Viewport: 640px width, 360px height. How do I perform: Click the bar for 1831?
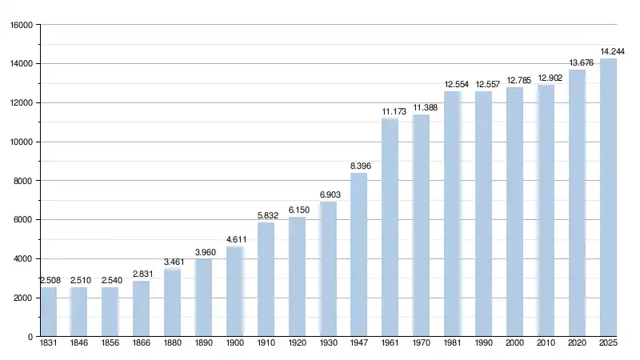(48, 312)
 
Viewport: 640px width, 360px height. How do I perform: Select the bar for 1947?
(358, 254)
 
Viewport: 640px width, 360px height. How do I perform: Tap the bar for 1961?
(390, 227)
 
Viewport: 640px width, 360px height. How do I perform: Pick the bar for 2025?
(608, 198)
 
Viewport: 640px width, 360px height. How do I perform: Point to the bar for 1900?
(234, 291)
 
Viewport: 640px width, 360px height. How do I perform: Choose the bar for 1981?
(452, 214)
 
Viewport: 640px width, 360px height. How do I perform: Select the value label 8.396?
(360, 166)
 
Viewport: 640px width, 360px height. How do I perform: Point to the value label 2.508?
(49, 281)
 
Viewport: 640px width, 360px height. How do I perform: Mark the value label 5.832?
(266, 216)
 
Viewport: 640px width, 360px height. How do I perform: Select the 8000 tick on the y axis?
(22, 181)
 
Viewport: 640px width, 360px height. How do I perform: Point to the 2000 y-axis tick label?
(22, 298)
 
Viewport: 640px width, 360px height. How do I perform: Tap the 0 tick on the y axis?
(30, 337)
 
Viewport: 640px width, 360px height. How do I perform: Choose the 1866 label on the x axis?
(142, 344)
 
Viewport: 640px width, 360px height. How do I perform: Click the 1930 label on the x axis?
(328, 344)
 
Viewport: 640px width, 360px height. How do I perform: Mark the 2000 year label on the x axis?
(514, 344)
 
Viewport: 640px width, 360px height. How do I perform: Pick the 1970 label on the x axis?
(421, 344)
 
